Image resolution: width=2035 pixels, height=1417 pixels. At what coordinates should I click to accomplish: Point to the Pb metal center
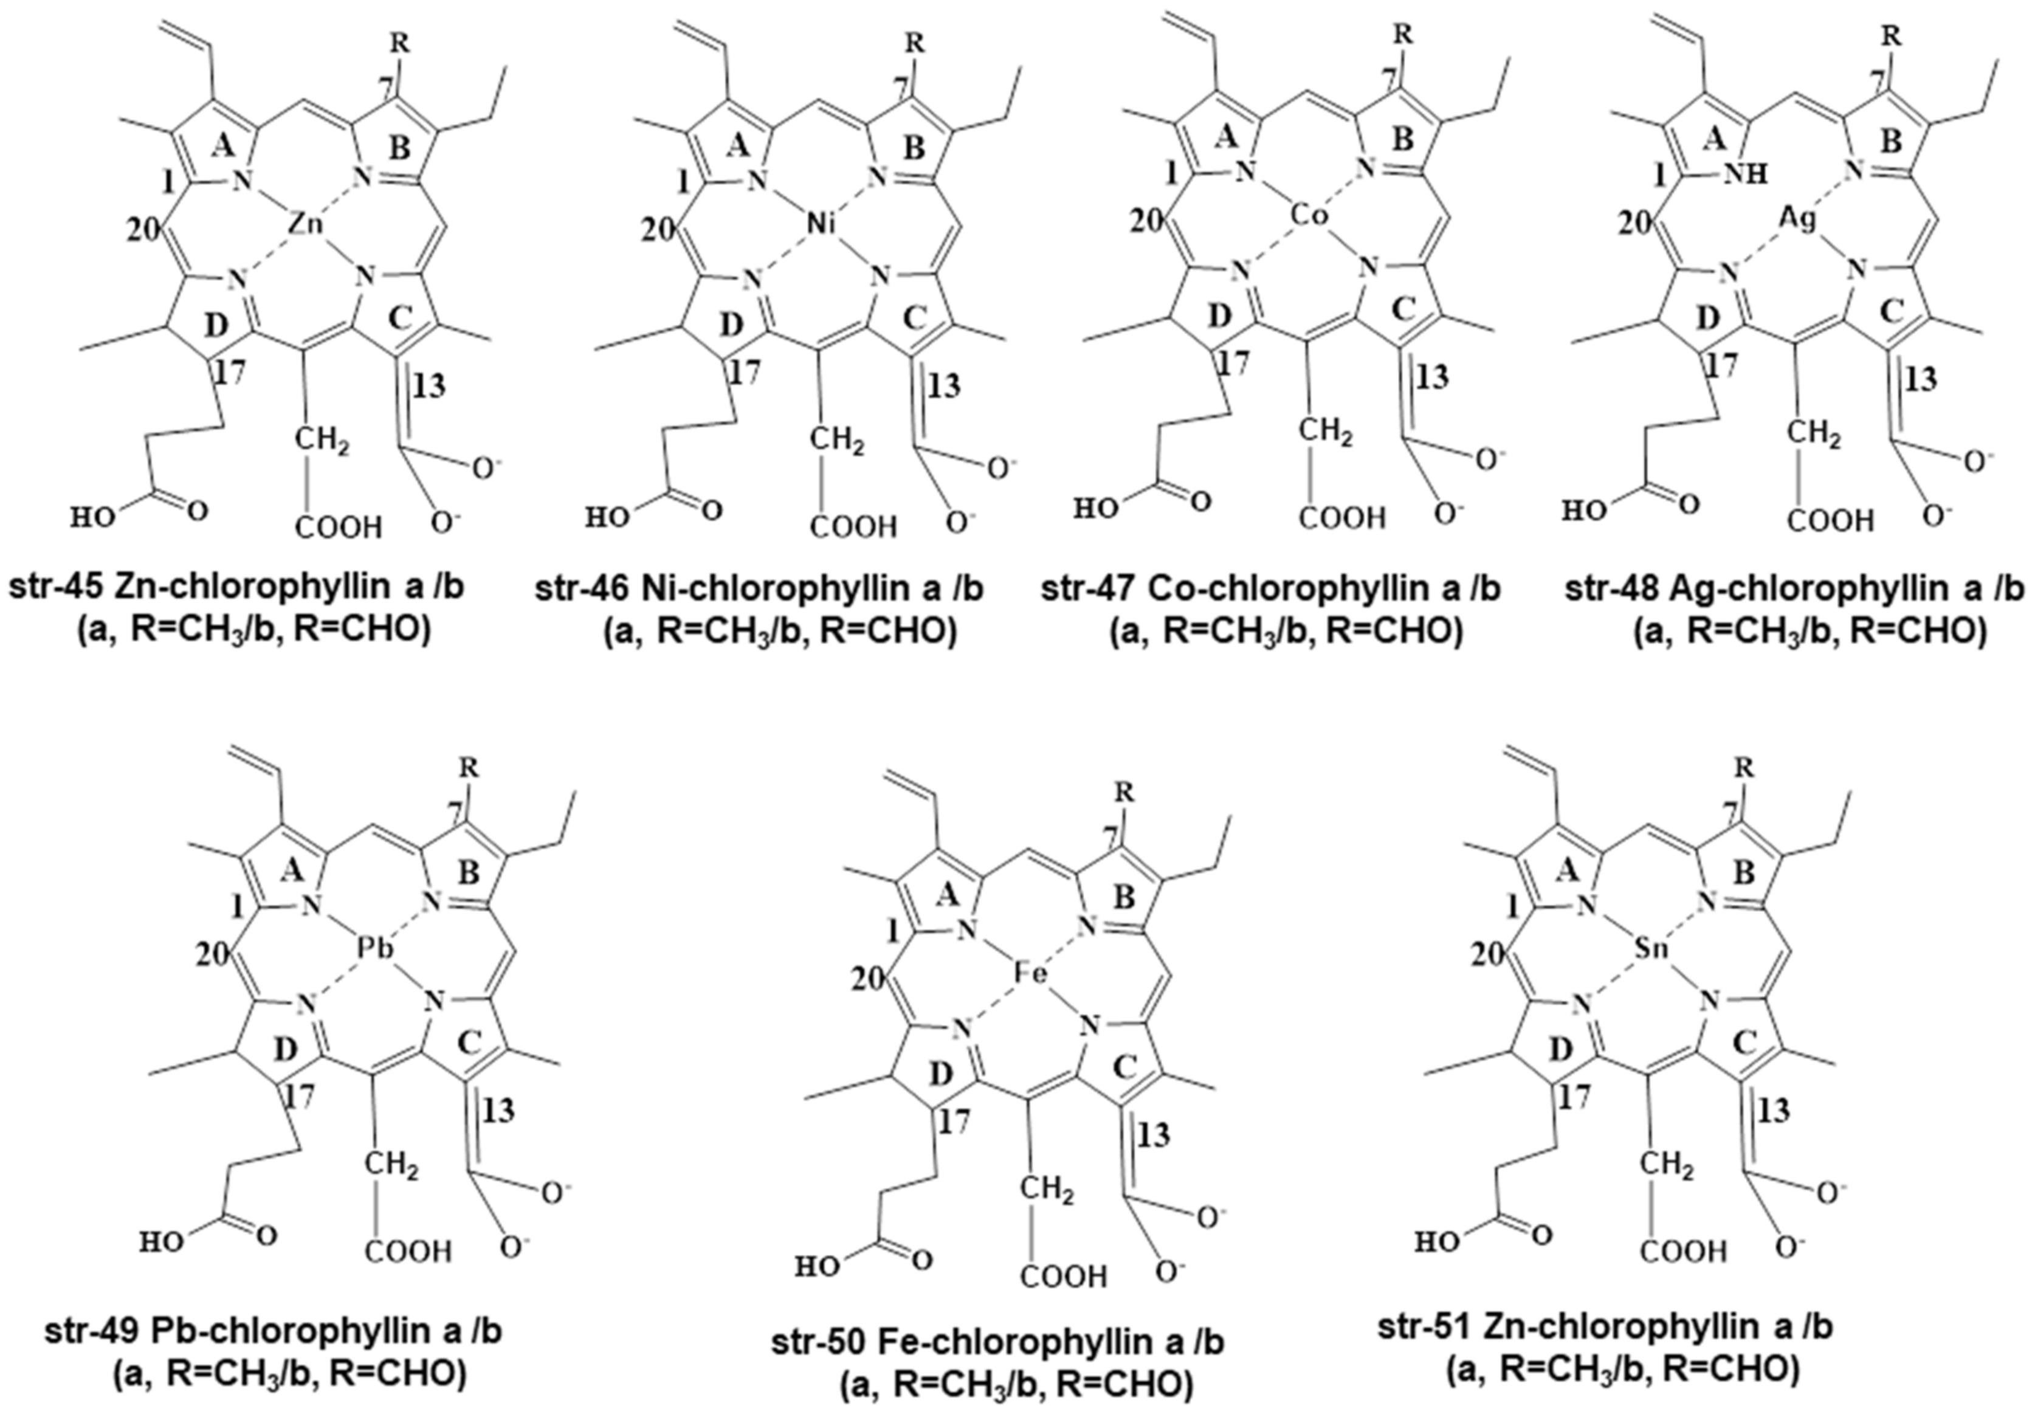[x=376, y=949]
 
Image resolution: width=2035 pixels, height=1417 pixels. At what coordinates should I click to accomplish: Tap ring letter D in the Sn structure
[x=1562, y=1050]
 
